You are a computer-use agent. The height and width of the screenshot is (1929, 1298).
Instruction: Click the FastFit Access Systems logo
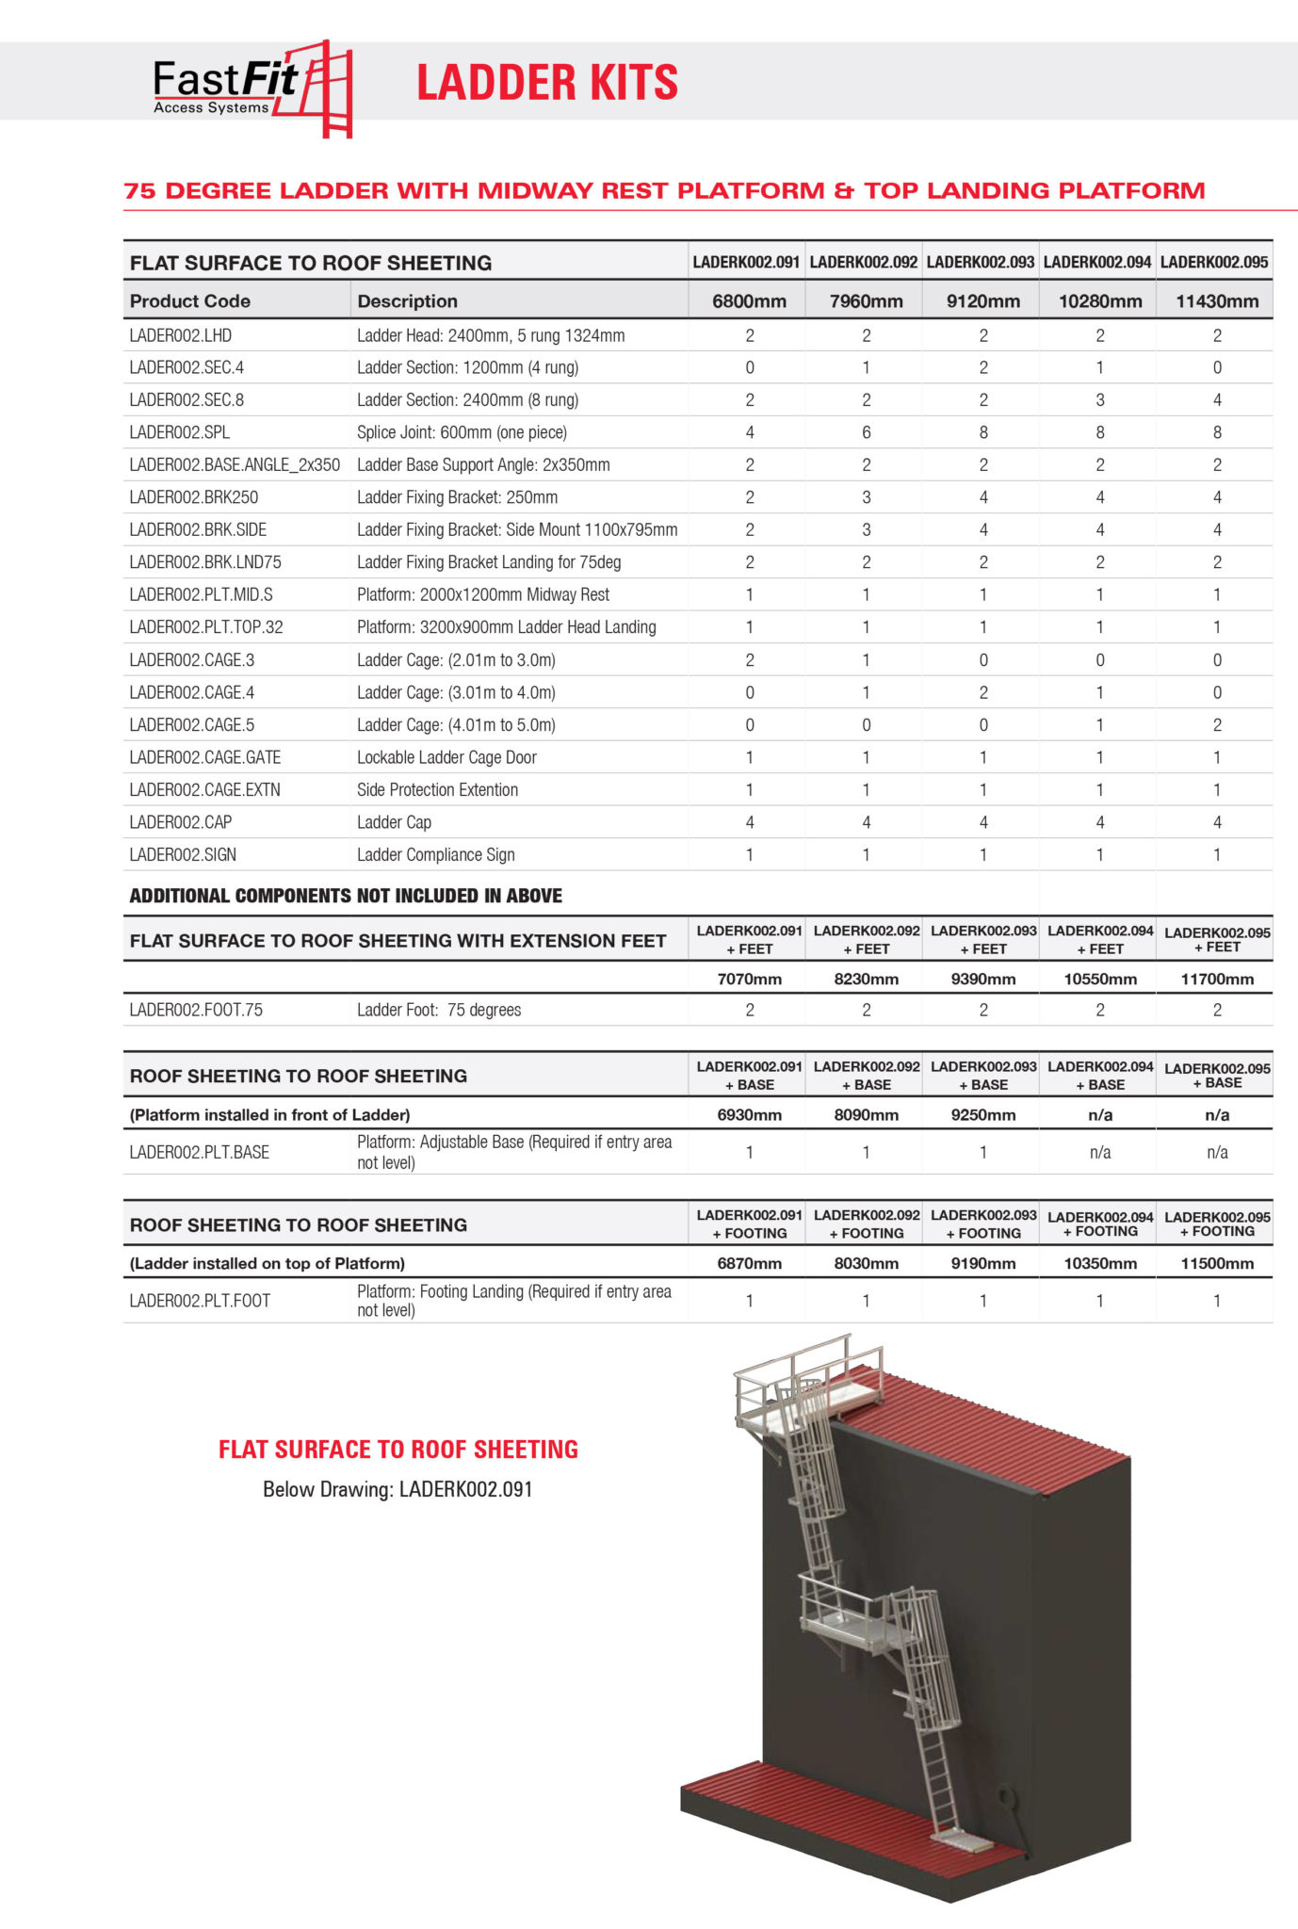pos(251,89)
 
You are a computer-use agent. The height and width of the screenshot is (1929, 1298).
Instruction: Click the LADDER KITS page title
pos(546,83)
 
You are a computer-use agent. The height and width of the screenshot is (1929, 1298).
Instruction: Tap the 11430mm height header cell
pos(1216,301)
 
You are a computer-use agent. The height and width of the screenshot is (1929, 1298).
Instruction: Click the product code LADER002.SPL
pos(180,432)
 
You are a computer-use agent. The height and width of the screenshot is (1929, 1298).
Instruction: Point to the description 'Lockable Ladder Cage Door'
pos(446,757)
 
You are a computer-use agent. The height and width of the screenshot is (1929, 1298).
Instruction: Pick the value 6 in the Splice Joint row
pos(866,432)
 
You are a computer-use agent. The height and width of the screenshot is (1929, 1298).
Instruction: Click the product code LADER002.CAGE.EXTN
pos(204,789)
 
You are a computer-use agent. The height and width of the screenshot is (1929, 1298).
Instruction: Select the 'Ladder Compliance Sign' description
pos(435,854)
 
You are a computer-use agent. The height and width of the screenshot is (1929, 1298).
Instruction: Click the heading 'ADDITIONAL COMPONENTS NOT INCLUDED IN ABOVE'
pos(345,896)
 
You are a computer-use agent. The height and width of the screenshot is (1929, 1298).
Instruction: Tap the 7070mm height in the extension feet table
pos(749,979)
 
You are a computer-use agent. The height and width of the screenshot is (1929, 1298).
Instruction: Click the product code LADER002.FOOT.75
pos(196,1010)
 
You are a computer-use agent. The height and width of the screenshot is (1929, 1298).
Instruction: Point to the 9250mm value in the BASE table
pos(982,1114)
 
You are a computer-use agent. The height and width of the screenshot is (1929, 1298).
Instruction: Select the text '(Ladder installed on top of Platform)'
pos(267,1263)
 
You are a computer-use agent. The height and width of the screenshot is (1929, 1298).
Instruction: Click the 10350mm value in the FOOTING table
pos(1099,1263)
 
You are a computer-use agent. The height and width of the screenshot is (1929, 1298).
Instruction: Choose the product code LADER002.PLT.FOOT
pos(200,1301)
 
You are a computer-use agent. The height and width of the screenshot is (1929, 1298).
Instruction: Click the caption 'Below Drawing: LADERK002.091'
pos(398,1489)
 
